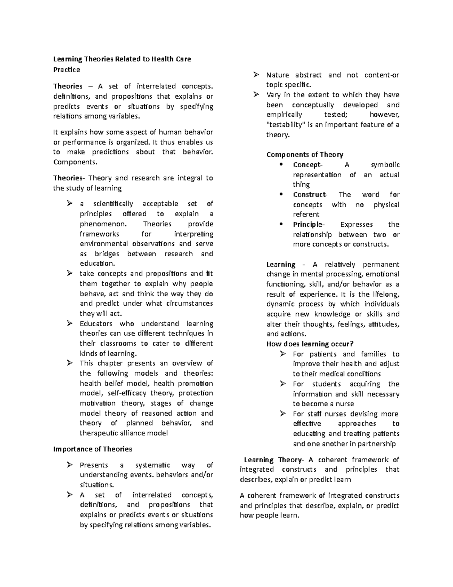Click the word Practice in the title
click(x=66, y=70)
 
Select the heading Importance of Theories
click(x=92, y=449)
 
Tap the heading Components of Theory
click(x=305, y=155)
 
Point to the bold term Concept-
click(x=308, y=165)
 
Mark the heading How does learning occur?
click(x=310, y=344)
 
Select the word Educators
click(x=96, y=324)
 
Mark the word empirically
click(x=284, y=115)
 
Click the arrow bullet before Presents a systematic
click(x=69, y=465)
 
